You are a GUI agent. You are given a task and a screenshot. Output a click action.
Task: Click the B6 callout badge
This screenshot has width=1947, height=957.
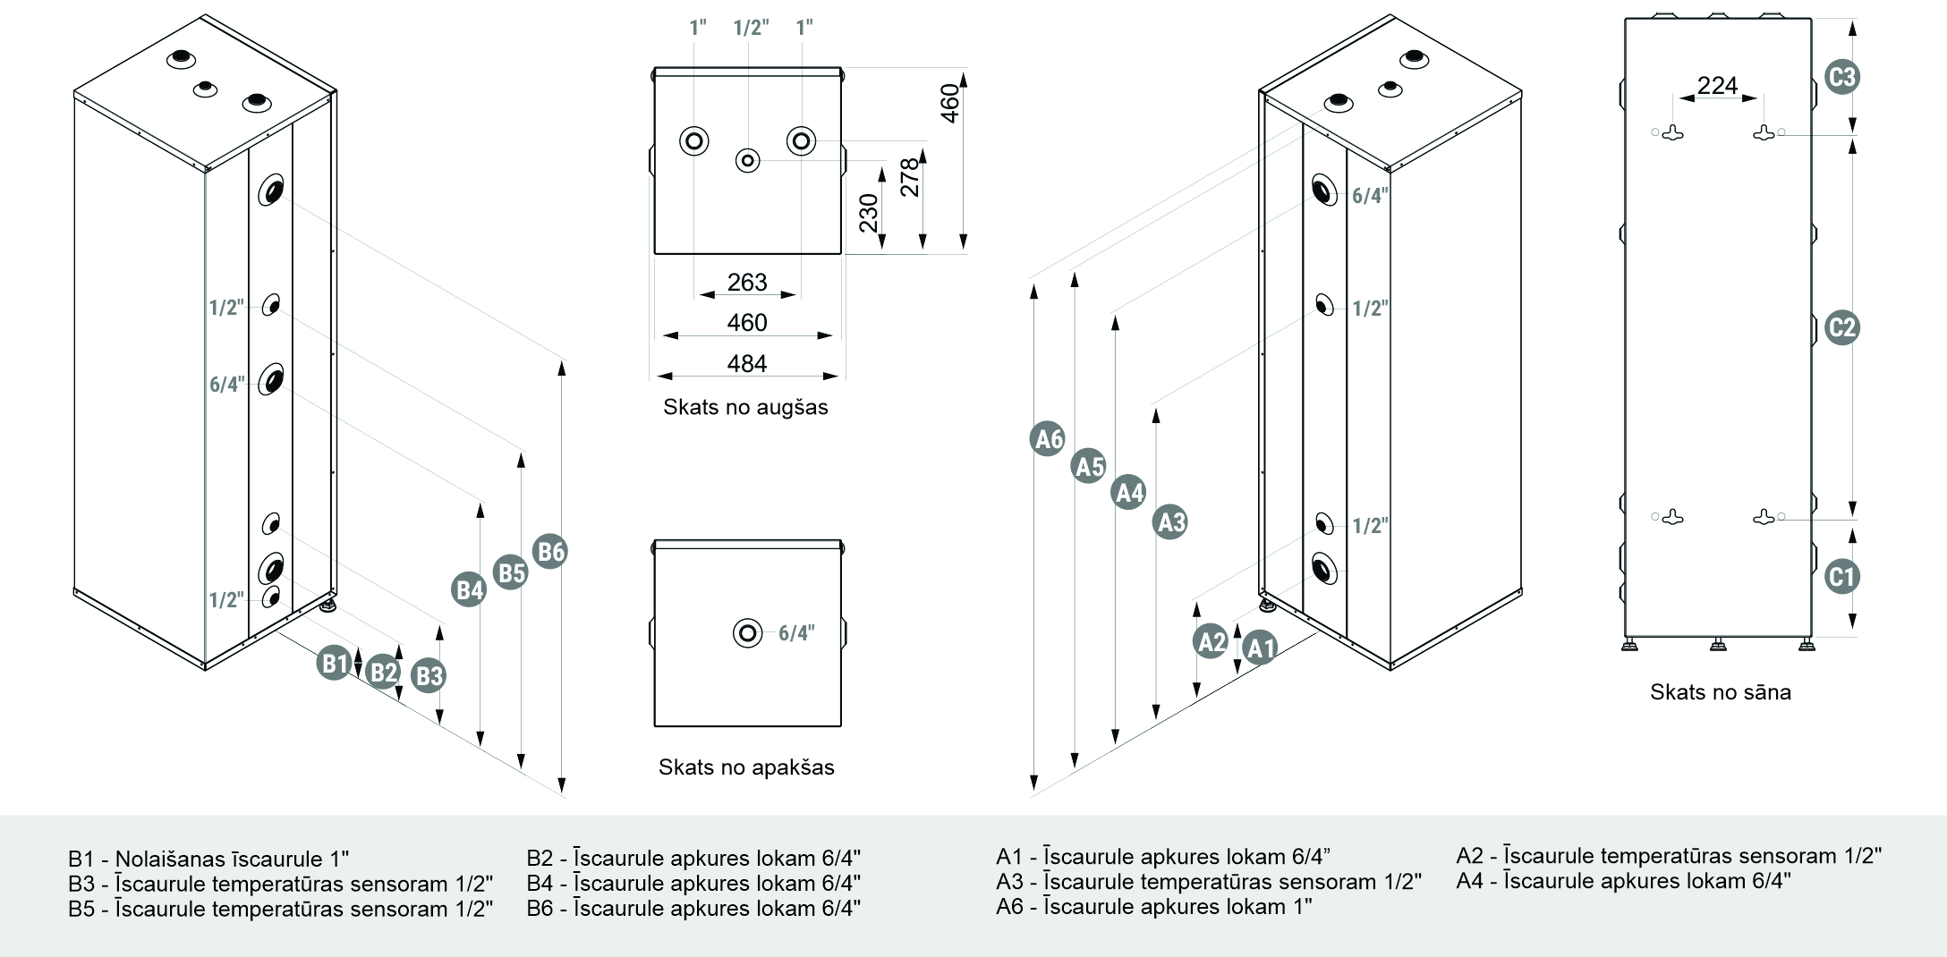click(550, 551)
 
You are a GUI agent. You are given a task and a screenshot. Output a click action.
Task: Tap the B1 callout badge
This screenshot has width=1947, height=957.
click(334, 663)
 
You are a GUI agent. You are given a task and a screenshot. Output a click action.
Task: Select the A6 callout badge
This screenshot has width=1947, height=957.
click(1048, 439)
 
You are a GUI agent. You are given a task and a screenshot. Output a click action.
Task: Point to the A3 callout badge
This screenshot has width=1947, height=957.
click(1170, 521)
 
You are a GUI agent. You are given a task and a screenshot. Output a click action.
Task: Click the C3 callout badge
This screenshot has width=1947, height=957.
click(1841, 77)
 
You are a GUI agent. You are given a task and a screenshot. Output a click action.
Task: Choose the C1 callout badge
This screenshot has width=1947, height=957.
click(1841, 576)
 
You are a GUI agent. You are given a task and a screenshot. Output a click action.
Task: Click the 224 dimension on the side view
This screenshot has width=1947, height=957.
click(1717, 86)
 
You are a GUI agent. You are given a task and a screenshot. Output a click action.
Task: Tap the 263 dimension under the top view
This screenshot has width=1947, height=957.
click(747, 283)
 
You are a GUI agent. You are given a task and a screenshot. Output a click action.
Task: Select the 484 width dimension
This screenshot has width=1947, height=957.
click(747, 364)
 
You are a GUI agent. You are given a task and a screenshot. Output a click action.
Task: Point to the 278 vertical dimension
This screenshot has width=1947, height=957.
click(910, 177)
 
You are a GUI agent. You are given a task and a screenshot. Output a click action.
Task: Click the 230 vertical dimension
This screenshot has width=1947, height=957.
click(869, 213)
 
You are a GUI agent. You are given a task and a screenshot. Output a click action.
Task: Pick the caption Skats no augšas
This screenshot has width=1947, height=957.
click(745, 408)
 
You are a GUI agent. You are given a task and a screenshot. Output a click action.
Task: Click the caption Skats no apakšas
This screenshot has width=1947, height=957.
click(746, 767)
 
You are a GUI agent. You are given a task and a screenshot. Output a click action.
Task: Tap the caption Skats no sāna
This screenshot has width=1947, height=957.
click(1720, 692)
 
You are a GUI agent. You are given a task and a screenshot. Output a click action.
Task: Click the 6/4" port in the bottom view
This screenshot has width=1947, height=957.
click(747, 633)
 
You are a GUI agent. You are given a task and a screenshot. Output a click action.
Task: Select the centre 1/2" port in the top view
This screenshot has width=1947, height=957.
click(747, 161)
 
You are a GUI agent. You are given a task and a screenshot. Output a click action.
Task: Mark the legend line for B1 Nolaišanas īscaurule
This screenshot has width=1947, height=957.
click(208, 860)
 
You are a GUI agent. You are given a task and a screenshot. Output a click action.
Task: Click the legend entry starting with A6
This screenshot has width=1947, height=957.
click(1153, 907)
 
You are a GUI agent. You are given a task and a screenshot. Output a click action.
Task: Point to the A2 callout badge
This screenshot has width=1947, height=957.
click(1211, 641)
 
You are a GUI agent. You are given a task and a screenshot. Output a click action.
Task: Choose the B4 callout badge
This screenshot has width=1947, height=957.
click(469, 589)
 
